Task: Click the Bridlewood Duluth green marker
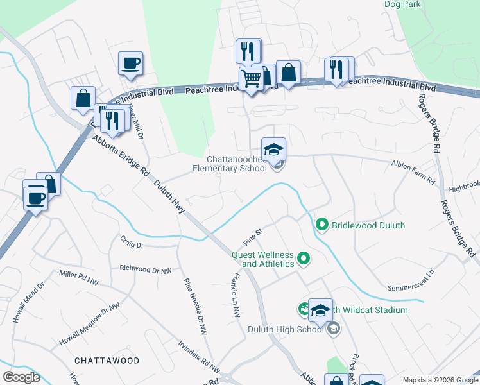click(x=321, y=225)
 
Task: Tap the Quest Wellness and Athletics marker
click(x=304, y=259)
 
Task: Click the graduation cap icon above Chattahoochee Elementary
click(x=273, y=150)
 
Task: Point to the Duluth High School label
click(x=286, y=329)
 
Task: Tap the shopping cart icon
click(x=251, y=79)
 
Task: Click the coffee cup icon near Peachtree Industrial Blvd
click(x=130, y=64)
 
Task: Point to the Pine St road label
click(x=253, y=237)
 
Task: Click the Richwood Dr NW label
click(x=146, y=270)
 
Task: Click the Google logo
click(x=21, y=377)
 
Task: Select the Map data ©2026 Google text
click(x=440, y=380)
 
